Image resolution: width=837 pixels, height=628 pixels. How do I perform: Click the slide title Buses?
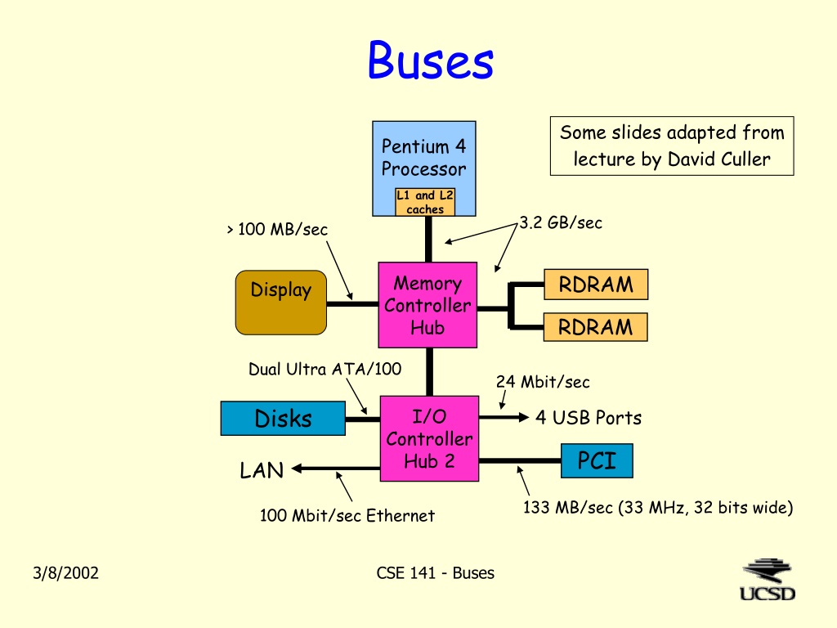[431, 61]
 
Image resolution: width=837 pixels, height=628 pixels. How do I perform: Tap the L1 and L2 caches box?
[425, 202]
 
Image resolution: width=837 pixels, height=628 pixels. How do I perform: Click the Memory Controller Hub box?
[427, 305]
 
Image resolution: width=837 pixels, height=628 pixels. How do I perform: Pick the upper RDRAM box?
[596, 285]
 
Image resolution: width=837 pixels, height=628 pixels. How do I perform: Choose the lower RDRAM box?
[596, 327]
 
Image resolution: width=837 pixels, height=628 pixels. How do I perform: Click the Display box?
[281, 303]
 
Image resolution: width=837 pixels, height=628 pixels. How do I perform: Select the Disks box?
[283, 418]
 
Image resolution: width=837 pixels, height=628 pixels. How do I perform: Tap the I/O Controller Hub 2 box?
[429, 438]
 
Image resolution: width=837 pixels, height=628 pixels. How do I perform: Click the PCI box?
[597, 460]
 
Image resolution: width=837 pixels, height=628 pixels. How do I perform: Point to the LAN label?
[262, 470]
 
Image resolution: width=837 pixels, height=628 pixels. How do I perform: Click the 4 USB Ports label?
[589, 418]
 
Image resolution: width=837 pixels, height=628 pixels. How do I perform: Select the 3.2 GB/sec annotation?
[561, 222]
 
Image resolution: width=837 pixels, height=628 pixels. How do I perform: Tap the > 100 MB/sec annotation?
[277, 229]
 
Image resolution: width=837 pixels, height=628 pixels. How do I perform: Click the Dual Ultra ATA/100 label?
[325, 369]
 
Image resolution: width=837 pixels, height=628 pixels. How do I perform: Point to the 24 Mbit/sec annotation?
[543, 382]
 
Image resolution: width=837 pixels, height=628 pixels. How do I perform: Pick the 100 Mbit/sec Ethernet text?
[347, 515]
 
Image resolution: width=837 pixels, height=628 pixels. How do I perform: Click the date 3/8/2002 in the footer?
[65, 573]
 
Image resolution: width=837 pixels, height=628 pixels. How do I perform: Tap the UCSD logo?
[767, 581]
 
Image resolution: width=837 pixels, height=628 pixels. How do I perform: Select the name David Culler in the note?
[719, 159]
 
